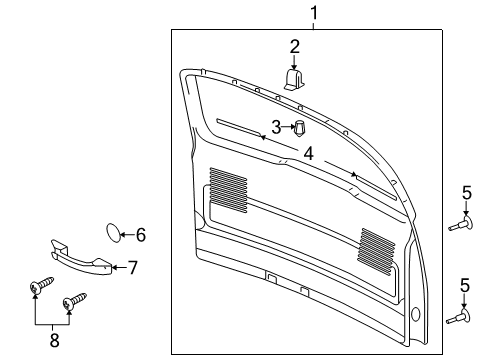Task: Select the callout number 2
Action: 295,46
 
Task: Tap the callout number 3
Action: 276,127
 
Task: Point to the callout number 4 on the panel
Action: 309,154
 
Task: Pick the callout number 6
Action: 140,236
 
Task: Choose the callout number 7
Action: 131,267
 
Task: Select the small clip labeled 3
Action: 298,127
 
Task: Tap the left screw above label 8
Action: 39,291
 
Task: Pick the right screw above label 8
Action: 74,300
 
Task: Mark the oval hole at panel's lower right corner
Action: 415,312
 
